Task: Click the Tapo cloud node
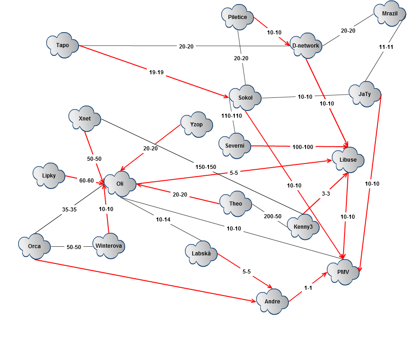click(63, 45)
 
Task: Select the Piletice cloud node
click(238, 17)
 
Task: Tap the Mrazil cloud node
click(389, 14)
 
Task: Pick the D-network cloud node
click(306, 46)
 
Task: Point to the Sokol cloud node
click(245, 98)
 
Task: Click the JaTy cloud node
click(364, 94)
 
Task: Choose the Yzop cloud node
click(196, 125)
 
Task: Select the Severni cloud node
click(235, 146)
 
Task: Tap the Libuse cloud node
click(348, 160)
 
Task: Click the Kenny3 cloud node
click(303, 227)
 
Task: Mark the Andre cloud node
click(272, 302)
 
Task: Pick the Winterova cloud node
click(109, 246)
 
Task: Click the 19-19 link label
click(156, 72)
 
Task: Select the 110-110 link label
click(232, 116)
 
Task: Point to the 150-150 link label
click(206, 167)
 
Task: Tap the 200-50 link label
click(273, 216)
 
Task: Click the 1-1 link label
click(308, 288)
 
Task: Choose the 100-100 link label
click(303, 147)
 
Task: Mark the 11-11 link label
click(386, 47)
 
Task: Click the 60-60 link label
click(87, 181)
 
